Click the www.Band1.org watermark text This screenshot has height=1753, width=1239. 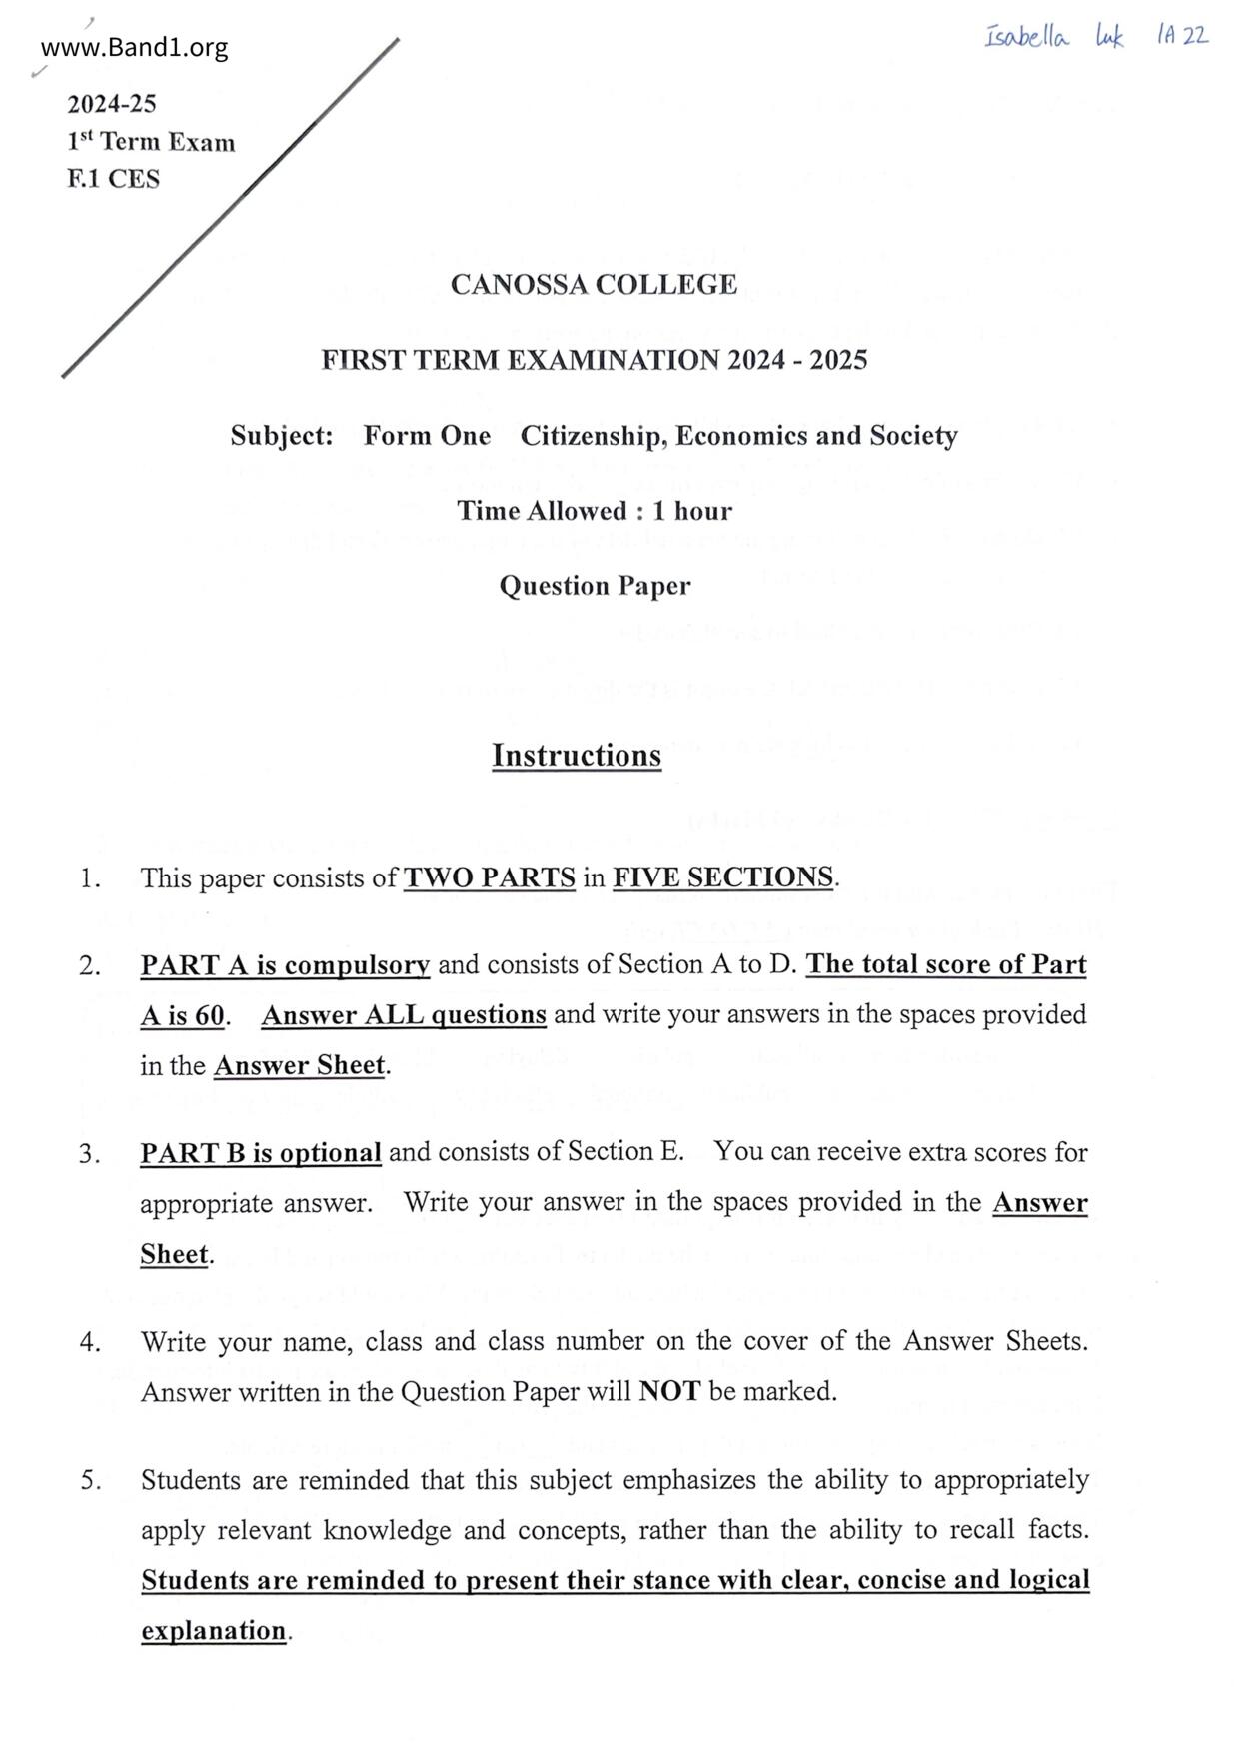coord(135,48)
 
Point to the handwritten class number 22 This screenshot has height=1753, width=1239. coord(1196,36)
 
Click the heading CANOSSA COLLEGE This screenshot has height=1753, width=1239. coord(594,285)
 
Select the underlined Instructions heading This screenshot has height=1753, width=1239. coord(577,756)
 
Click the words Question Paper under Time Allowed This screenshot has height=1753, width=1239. coord(595,586)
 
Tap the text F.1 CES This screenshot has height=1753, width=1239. coord(113,179)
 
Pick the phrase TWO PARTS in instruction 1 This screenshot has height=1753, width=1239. coord(490,878)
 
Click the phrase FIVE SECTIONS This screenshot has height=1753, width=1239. coord(722,877)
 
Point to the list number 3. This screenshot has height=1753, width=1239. coord(90,1154)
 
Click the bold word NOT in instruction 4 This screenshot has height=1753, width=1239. coord(669,1391)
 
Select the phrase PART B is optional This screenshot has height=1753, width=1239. coord(261,1153)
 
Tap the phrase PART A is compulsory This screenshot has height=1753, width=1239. coord(285,965)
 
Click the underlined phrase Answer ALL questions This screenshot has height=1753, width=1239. coord(404,1015)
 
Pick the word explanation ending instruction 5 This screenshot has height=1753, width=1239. coord(214,1631)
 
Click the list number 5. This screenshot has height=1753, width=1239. coord(91,1480)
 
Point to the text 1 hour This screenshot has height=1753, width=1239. coord(692,511)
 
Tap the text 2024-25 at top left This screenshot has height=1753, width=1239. coord(112,104)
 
